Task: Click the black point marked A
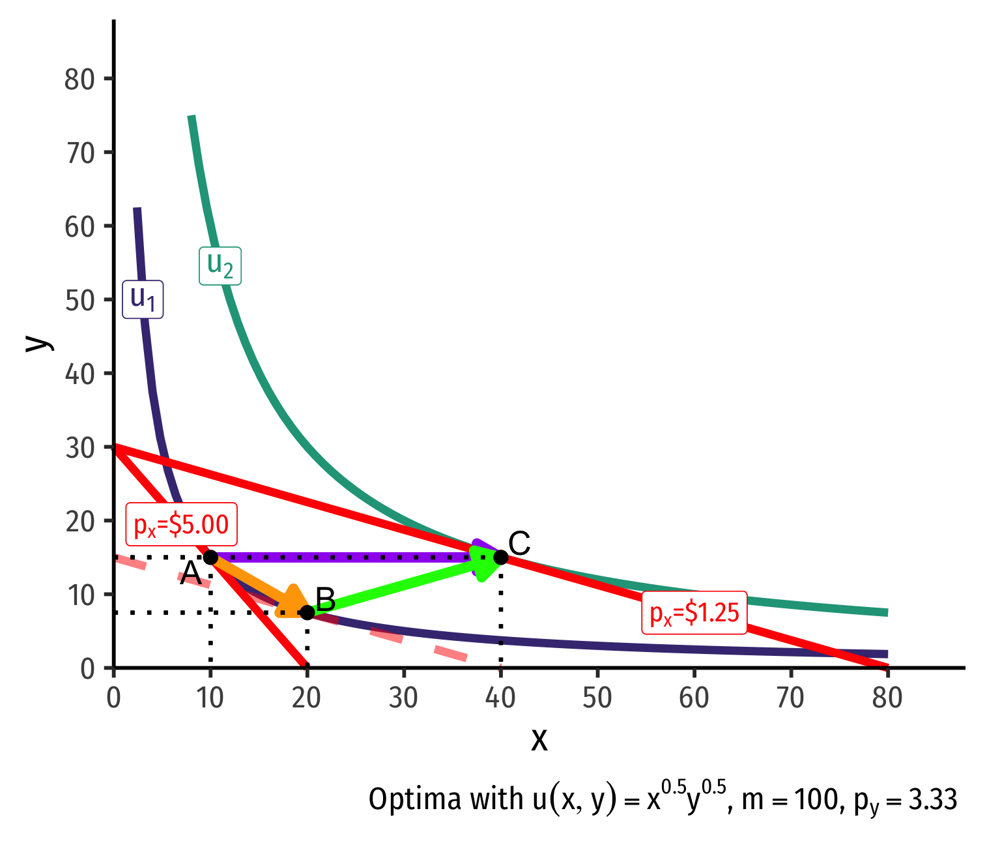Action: [210, 557]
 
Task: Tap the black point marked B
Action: [307, 612]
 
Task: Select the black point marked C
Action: [500, 557]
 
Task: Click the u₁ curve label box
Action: [143, 299]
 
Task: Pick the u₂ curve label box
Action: [220, 265]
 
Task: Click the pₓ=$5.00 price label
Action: [181, 524]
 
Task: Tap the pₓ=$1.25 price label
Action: [694, 613]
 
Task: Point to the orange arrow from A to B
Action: [261, 586]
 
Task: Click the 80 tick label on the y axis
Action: [80, 79]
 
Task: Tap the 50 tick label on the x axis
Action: [597, 698]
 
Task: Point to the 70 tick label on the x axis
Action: [790, 698]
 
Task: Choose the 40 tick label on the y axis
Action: [80, 374]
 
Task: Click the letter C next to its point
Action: [519, 543]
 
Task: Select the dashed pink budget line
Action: [417, 642]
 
